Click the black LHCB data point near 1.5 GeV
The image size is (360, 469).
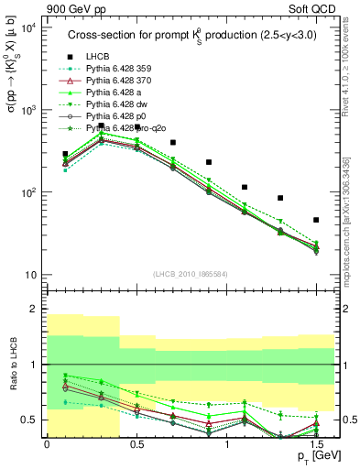click(316, 220)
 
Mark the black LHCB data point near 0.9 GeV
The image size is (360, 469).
click(209, 162)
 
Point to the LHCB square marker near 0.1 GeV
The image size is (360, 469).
click(65, 154)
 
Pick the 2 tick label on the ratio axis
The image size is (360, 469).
click(33, 309)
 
